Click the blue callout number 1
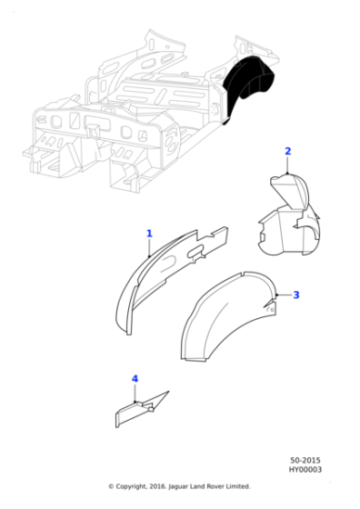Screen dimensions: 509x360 [x=150, y=234]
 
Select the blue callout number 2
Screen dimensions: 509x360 [x=288, y=151]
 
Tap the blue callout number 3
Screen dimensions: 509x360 [x=295, y=294]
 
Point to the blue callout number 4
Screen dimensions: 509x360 [x=135, y=378]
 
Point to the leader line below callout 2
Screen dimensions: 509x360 [x=288, y=165]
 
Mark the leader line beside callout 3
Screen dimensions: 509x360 [x=283, y=295]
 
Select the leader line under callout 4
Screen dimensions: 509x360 [x=135, y=392]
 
